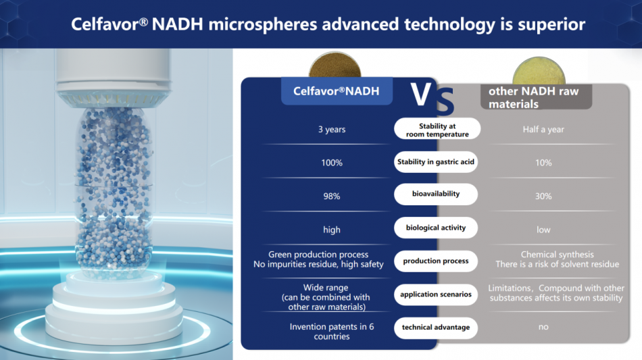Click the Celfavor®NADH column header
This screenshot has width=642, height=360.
pos(337,91)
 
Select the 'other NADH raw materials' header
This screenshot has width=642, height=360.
pos(536,97)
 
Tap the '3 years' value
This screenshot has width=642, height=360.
pos(332,129)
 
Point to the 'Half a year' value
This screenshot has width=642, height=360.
pos(543,129)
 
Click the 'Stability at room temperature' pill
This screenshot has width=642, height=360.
pos(437,129)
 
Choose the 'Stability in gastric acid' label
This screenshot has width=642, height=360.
pos(436,161)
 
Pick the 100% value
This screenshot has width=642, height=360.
pos(332,163)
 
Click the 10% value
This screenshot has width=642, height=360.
pos(543,163)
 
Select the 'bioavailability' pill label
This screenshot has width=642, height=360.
pos(436,194)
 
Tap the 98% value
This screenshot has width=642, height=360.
pos(332,197)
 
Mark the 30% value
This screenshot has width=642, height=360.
pos(543,197)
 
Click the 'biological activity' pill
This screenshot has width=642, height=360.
pos(436,228)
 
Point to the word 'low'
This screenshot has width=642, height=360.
pos(543,230)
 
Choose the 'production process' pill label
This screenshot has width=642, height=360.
pos(436,261)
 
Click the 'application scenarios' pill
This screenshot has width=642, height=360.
pos(436,294)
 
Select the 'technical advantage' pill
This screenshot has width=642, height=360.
pos(436,328)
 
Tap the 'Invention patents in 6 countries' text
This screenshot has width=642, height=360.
pos(332,332)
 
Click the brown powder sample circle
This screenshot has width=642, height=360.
pos(335,66)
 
